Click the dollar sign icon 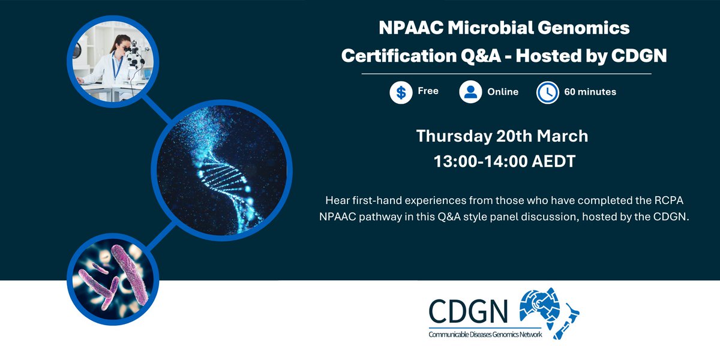click(401, 92)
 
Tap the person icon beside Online click(471, 92)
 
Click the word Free click(428, 91)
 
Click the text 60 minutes click(590, 92)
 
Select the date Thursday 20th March click(502, 136)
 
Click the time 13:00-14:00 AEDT click(502, 161)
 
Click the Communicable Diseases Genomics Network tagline click(485, 334)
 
